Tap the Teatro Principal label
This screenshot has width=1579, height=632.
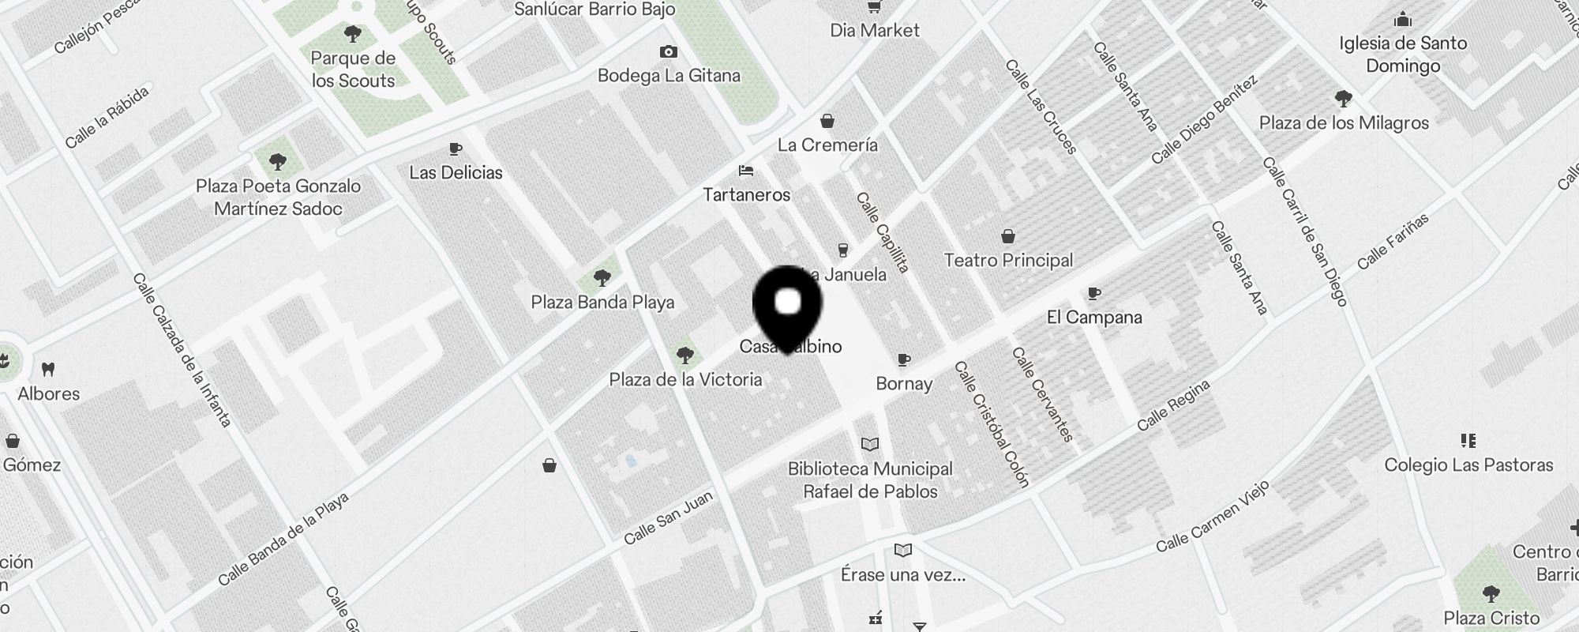(x=1008, y=260)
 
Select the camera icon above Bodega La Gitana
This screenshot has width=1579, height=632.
(x=669, y=52)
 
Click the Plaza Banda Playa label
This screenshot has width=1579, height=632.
(x=602, y=302)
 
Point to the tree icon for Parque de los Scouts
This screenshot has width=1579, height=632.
(x=353, y=34)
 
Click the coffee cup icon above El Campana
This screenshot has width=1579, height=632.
(x=1093, y=294)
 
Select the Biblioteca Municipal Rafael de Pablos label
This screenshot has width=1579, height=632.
(x=870, y=480)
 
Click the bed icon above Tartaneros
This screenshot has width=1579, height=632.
(x=746, y=171)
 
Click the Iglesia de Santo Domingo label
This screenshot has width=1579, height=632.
(x=1403, y=54)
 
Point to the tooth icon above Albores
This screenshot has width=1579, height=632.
(x=48, y=369)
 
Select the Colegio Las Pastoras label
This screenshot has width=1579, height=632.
(x=1468, y=465)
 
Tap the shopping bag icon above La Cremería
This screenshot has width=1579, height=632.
(x=827, y=121)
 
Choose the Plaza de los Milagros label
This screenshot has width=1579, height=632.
(x=1344, y=122)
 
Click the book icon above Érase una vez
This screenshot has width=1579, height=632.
(x=903, y=550)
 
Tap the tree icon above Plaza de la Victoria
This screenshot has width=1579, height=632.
(x=685, y=355)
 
